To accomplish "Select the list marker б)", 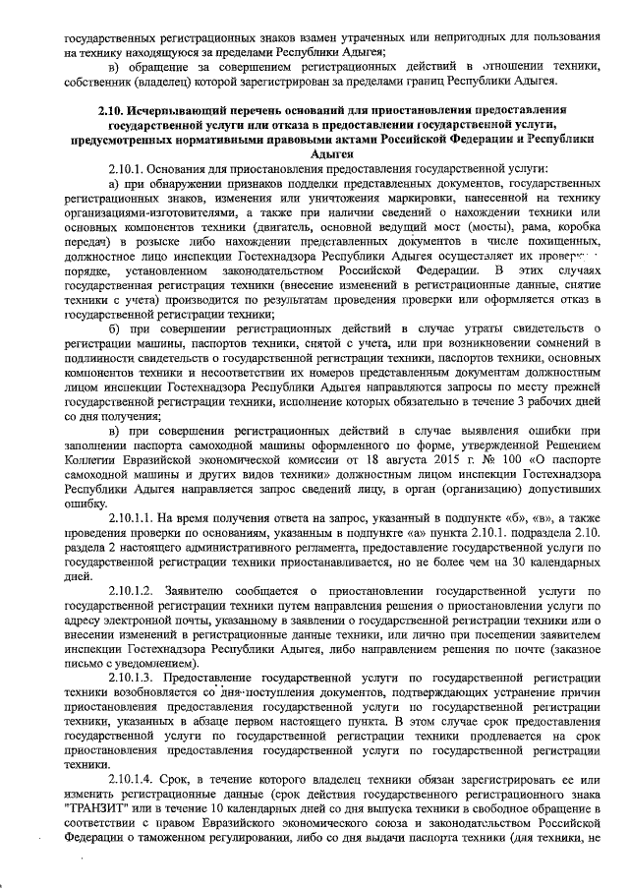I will tap(116, 340).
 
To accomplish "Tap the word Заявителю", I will tap(200, 590).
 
